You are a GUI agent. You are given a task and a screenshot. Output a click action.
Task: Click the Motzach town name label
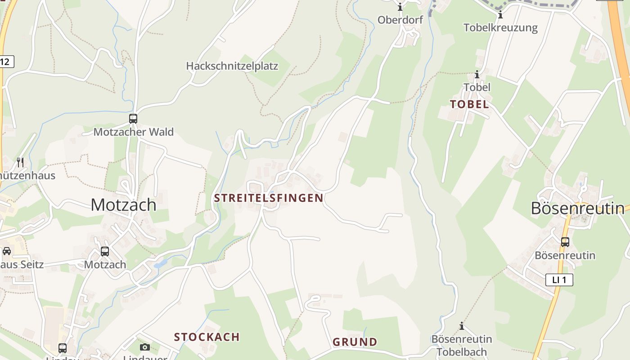[123, 205]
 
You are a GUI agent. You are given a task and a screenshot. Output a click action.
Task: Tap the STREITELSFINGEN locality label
[269, 198]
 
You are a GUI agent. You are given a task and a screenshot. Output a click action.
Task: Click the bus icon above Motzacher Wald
[133, 119]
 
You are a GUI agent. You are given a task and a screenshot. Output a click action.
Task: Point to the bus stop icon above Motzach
[105, 252]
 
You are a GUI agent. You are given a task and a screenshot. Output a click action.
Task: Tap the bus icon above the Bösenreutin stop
[565, 242]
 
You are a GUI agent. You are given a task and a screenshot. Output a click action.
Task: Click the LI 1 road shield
[559, 280]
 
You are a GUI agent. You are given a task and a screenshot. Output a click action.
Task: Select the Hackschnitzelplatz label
[232, 66]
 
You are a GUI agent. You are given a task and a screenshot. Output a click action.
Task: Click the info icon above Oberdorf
[400, 7]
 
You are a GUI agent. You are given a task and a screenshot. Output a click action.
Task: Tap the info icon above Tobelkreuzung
[500, 15]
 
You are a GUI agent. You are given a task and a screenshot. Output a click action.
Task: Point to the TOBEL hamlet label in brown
[469, 104]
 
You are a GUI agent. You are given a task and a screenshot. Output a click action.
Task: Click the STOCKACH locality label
[207, 337]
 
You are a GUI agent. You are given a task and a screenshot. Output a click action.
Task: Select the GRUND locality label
[355, 342]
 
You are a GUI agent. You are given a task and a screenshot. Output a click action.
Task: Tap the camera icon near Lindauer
[144, 347]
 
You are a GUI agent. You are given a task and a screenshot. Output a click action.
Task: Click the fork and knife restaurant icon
[20, 162]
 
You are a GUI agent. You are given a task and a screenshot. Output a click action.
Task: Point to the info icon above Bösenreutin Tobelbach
[461, 326]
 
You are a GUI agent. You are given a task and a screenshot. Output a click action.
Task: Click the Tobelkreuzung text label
[500, 27]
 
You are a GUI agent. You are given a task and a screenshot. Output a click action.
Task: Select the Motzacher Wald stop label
[133, 132]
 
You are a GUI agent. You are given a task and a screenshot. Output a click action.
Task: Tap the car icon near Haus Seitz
[7, 251]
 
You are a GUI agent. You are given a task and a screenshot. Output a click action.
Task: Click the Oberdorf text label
[400, 20]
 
